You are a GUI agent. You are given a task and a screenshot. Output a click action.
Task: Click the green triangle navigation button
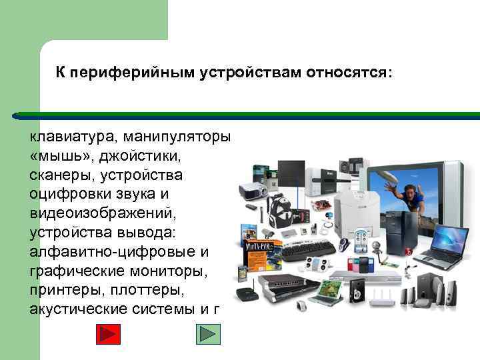click(207, 333)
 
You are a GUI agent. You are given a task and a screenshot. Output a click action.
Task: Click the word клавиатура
click(71, 137)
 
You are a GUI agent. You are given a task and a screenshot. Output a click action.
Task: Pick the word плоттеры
click(146, 291)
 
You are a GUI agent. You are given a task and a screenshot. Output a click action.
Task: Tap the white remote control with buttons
click(361, 237)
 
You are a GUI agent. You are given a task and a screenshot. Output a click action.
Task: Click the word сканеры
click(60, 175)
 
